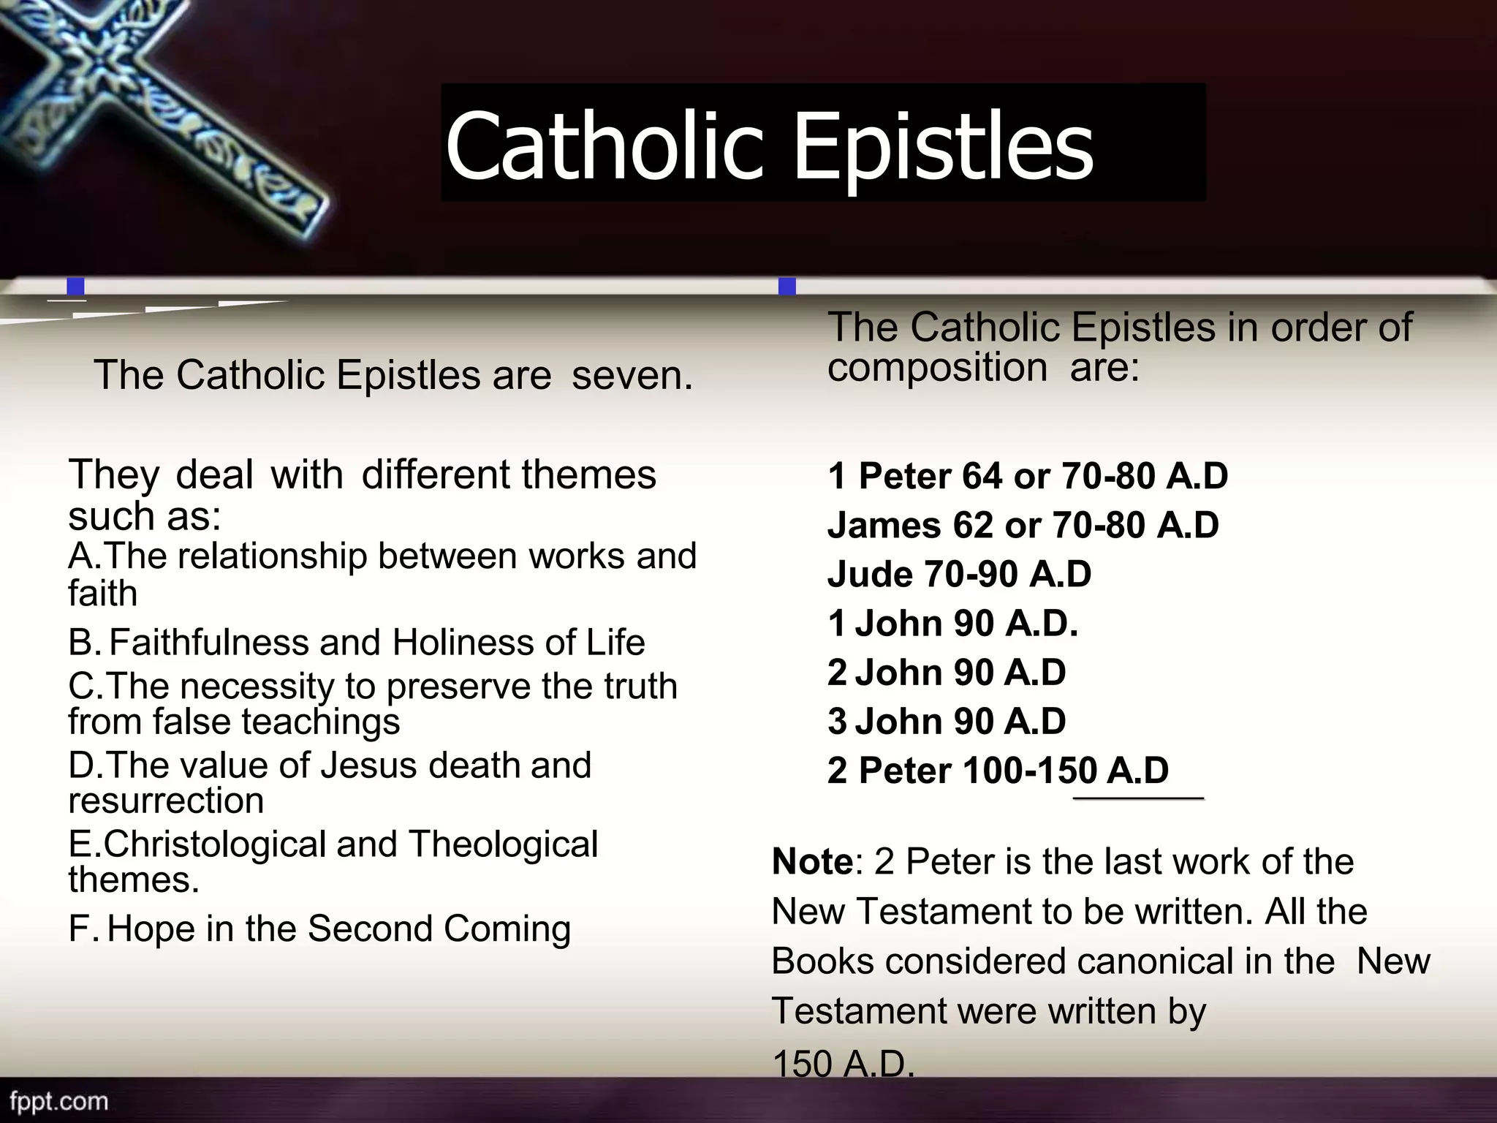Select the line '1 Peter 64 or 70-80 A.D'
click(1028, 477)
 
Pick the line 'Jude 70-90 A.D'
click(959, 575)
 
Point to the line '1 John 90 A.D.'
click(952, 624)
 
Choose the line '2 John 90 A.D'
click(947, 673)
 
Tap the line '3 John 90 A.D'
click(947, 722)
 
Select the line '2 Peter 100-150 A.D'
click(998, 771)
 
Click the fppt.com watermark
click(58, 1101)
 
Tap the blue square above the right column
click(787, 286)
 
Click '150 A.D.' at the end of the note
click(843, 1065)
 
